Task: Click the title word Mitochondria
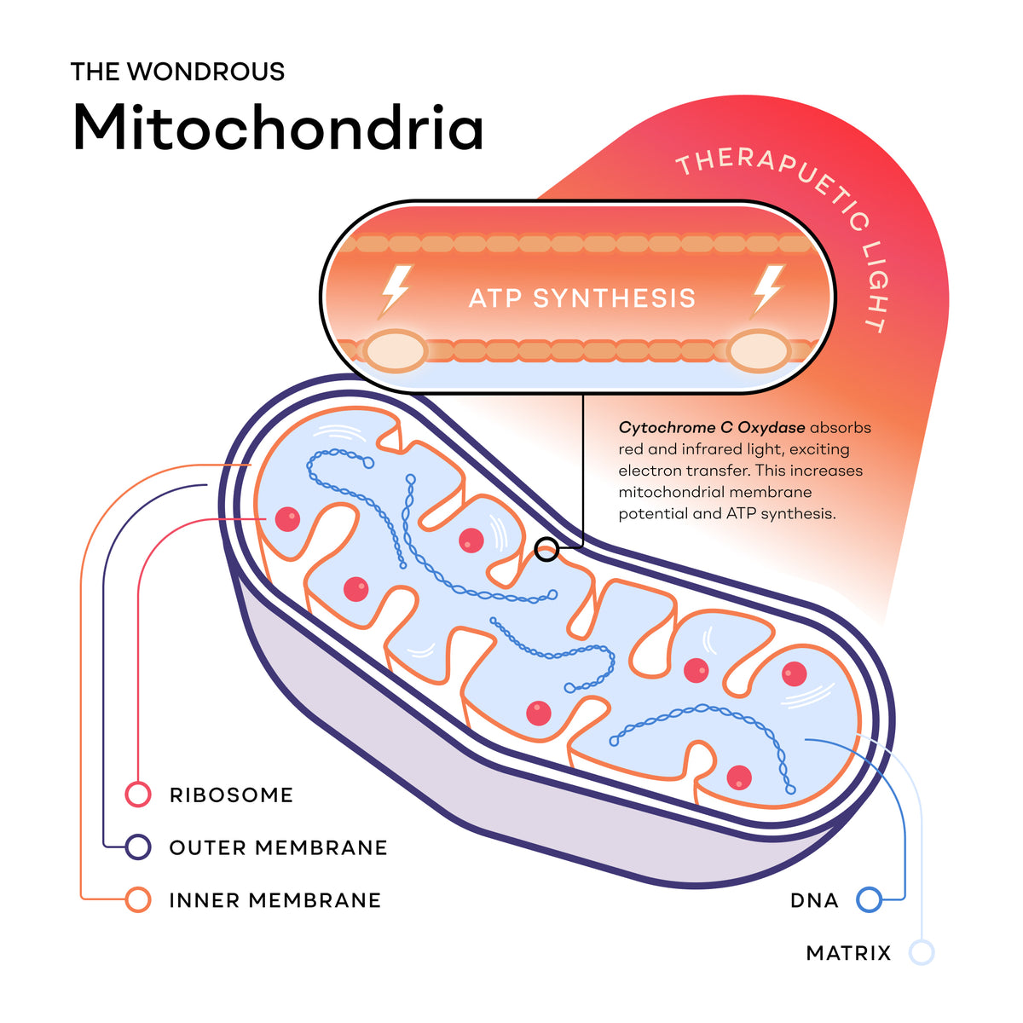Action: point(278,127)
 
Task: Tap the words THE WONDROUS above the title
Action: point(178,72)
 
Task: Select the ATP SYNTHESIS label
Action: point(582,298)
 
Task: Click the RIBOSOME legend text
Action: point(232,795)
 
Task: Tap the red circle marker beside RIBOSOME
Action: point(138,795)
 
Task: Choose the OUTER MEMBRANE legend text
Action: point(278,847)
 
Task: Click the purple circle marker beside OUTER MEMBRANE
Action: point(138,847)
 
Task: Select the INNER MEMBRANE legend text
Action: point(275,900)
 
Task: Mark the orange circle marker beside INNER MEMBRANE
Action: point(138,900)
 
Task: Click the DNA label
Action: point(814,900)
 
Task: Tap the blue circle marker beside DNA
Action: point(869,900)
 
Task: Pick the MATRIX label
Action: point(847,953)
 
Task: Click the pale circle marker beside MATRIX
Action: point(921,952)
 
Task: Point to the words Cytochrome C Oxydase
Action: point(711,428)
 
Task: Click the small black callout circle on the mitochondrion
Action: point(546,549)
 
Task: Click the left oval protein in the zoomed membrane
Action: point(396,351)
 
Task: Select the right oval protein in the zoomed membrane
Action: point(760,351)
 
